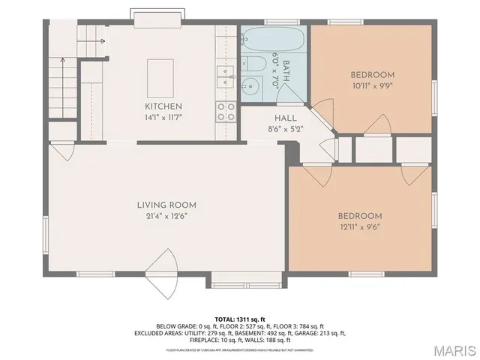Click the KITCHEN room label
pyautogui.click(x=163, y=106)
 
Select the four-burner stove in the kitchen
pyautogui.click(x=224, y=112)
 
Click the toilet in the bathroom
pyautogui.click(x=253, y=65)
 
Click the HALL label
pyautogui.click(x=285, y=118)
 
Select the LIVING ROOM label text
pyautogui.click(x=166, y=205)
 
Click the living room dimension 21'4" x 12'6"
pyautogui.click(x=166, y=216)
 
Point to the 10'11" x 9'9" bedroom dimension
pyautogui.click(x=373, y=85)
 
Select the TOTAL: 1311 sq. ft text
pyautogui.click(x=240, y=319)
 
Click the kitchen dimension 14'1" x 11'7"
pyautogui.click(x=163, y=117)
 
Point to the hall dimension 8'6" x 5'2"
pyautogui.click(x=285, y=129)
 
